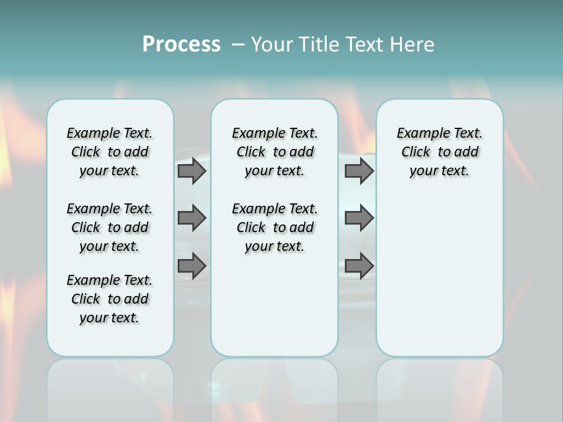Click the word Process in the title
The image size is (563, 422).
tap(181, 44)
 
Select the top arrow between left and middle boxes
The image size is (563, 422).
tap(191, 171)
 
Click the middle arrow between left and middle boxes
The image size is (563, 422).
tap(191, 218)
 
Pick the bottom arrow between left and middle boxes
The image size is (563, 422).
tap(191, 266)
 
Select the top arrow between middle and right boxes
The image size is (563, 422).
tap(359, 171)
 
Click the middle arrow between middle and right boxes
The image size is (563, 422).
tap(359, 218)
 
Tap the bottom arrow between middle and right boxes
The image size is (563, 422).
tap(359, 266)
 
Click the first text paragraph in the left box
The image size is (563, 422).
tap(110, 152)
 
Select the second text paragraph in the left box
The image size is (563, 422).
tap(110, 227)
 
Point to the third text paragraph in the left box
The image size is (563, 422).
tap(110, 299)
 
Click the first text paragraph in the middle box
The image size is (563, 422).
tap(274, 152)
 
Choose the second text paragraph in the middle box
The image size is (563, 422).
tap(274, 227)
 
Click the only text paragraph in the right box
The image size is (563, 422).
tap(439, 152)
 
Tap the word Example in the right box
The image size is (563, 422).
tap(418, 134)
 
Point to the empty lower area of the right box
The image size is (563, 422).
tap(439, 275)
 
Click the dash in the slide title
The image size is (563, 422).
tap(238, 44)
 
